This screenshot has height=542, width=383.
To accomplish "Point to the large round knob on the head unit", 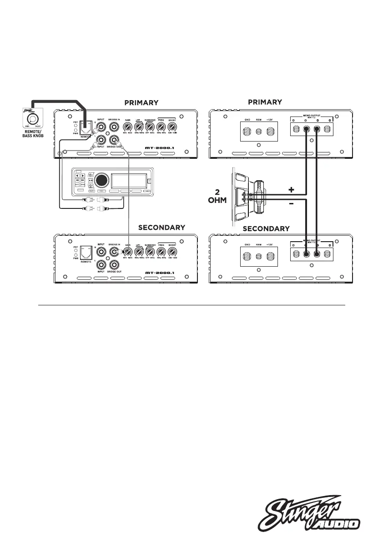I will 102,180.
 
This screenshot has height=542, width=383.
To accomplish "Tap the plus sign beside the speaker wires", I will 291,188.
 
